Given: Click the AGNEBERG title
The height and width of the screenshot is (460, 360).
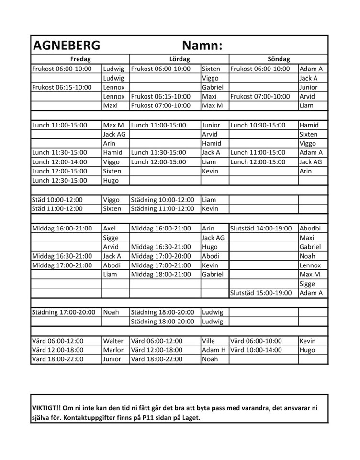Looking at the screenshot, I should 66,46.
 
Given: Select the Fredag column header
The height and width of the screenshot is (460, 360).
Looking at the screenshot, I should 80,59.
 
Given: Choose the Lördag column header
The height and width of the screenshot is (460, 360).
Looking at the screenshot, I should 179,59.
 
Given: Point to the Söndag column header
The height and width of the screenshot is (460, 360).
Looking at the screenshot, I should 279,59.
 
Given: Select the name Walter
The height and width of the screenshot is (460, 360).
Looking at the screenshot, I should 113,341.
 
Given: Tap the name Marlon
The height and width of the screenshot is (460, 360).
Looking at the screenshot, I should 114,350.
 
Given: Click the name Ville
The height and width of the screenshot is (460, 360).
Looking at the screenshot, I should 209,341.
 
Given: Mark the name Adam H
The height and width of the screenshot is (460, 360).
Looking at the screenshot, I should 214,350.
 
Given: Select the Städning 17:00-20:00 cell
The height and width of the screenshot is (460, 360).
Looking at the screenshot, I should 64,312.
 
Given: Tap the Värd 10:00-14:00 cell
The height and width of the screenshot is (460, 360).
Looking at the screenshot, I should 256,350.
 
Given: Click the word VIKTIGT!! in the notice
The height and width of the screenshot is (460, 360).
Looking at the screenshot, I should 47,408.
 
